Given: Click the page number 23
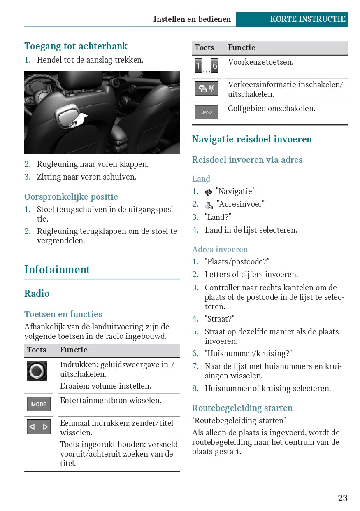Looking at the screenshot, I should tap(343, 498).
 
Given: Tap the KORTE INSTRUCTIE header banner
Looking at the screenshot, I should tap(308, 19).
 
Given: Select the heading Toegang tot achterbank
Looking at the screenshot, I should tap(76, 46).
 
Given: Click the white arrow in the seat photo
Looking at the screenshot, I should tap(80, 119).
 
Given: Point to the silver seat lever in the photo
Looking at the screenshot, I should tap(65, 116).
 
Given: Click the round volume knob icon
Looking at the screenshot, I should tap(37, 371).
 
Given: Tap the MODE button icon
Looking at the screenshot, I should tap(39, 404).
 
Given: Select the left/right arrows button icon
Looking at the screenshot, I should tap(39, 427).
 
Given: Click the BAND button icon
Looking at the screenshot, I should tap(206, 112).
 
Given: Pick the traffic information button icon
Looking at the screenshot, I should tap(206, 89).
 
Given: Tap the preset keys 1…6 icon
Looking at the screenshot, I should tap(206, 66).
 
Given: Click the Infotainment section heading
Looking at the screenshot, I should tap(57, 270).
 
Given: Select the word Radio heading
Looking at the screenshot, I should tap(37, 294).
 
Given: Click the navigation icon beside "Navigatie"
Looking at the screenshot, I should tap(209, 192).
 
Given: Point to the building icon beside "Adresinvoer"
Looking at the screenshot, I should tap(209, 205).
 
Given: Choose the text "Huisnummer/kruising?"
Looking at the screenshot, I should tap(249, 354).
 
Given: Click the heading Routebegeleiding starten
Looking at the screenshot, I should tap(242, 408).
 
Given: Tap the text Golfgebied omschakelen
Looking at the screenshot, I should tap(272, 109).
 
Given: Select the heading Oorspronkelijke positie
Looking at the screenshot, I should tap(71, 197).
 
